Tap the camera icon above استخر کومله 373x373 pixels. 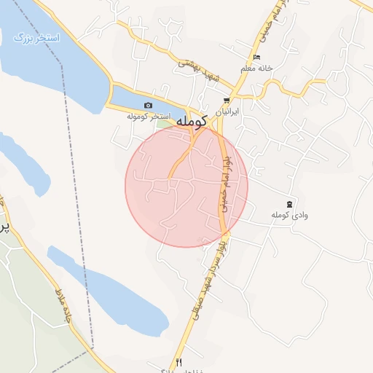[x=149, y=106]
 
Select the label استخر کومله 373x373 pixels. [x=149, y=117]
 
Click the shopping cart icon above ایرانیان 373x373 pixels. [x=227, y=101]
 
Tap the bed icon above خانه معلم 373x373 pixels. [x=256, y=58]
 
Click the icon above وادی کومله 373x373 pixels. [x=290, y=203]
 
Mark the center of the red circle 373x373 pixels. [x=186, y=186]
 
